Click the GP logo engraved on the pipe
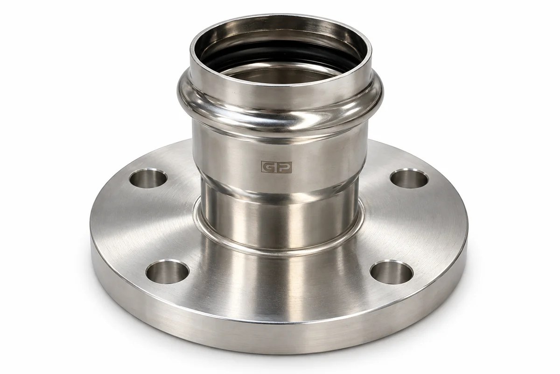(x=276, y=167)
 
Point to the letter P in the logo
(x=284, y=167)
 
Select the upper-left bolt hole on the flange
(x=148, y=179)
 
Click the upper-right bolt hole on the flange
(x=409, y=179)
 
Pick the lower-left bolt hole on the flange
(x=167, y=272)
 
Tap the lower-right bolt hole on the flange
(x=391, y=272)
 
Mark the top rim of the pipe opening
(x=280, y=18)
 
